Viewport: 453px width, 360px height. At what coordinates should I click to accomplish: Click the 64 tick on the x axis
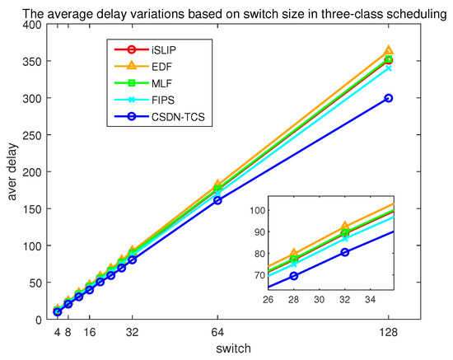(217, 332)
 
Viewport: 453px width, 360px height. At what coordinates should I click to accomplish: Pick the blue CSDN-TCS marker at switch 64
(217, 200)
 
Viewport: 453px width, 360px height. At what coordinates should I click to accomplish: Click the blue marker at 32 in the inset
(345, 252)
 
